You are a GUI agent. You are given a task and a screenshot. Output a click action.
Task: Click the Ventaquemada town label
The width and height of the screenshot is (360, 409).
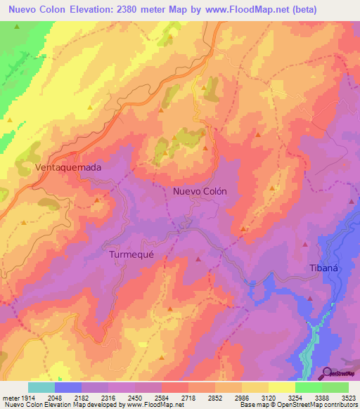click(68, 168)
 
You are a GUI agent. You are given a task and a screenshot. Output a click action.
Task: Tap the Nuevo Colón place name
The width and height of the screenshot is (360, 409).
click(200, 190)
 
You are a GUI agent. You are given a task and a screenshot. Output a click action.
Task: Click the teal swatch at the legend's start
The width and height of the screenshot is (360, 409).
click(41, 387)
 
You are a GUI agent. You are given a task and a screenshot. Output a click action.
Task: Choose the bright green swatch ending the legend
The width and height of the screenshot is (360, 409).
click(335, 387)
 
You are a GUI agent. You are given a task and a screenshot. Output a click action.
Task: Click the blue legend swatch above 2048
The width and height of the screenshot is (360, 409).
click(68, 387)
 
